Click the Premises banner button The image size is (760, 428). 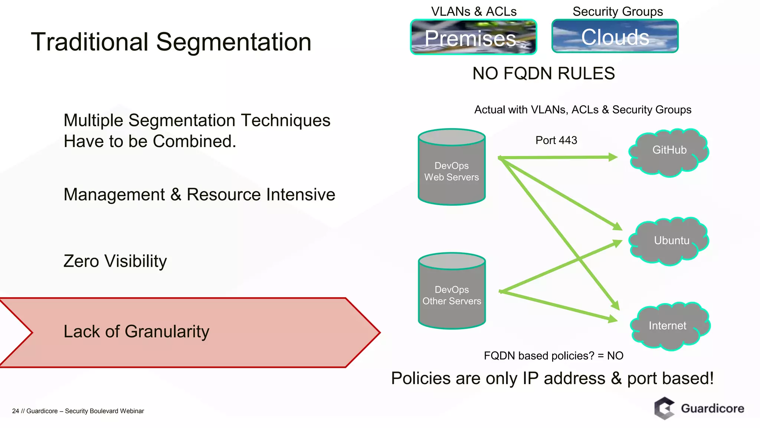[x=473, y=37]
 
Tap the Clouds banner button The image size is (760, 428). [x=615, y=36]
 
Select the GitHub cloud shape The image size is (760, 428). [x=669, y=152]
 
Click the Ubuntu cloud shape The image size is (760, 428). [x=669, y=241]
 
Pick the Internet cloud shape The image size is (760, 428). [x=669, y=326]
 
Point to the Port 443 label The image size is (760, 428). [x=556, y=140]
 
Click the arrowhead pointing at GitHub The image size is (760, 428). [x=613, y=157]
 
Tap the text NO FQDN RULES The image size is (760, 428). [x=543, y=74]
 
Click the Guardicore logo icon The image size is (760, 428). [x=664, y=408]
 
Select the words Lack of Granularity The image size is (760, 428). [x=136, y=331]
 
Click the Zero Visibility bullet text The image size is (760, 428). [x=115, y=261]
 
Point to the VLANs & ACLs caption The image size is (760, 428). [x=474, y=12]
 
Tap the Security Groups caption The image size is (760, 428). [x=617, y=12]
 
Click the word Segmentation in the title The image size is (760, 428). [x=233, y=42]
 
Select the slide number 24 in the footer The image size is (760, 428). [x=15, y=411]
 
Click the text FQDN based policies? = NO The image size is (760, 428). [x=553, y=356]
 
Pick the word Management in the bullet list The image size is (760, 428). [x=114, y=195]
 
